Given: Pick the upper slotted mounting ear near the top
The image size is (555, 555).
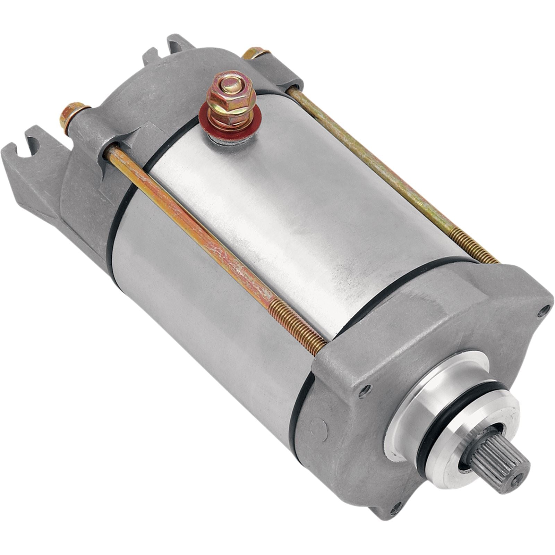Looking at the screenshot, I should pyautogui.click(x=177, y=43).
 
